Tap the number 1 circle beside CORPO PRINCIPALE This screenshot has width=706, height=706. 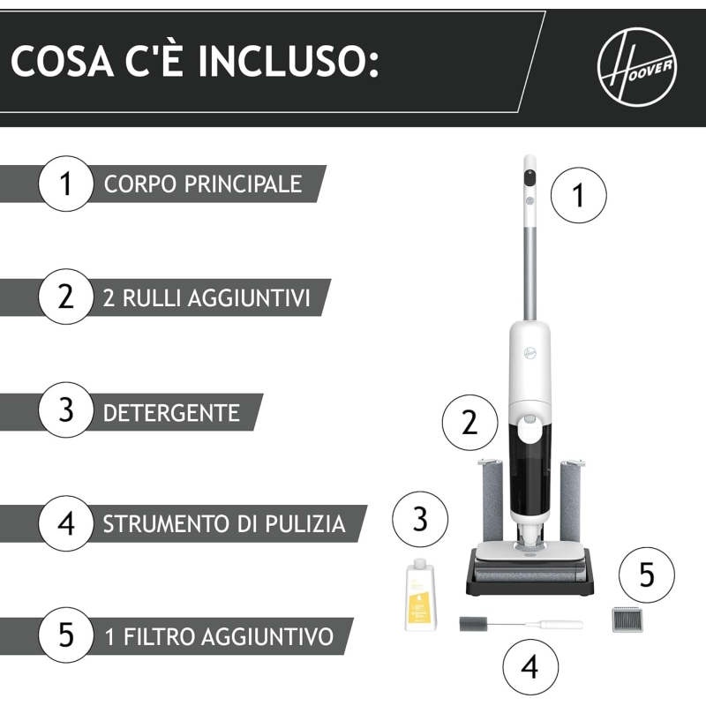click(65, 184)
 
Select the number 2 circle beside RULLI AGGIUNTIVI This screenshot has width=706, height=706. click(65, 297)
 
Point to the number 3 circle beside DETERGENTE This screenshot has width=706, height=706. click(65, 411)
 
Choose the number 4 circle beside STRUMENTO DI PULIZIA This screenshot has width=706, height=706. click(65, 523)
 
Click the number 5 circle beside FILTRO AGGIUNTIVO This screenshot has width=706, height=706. click(65, 635)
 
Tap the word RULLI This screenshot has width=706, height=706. click(149, 298)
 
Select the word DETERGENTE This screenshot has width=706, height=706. click(171, 412)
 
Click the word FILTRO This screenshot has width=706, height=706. click(157, 636)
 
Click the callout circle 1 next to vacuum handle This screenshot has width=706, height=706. click(579, 194)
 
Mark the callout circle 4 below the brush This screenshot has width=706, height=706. click(529, 668)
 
